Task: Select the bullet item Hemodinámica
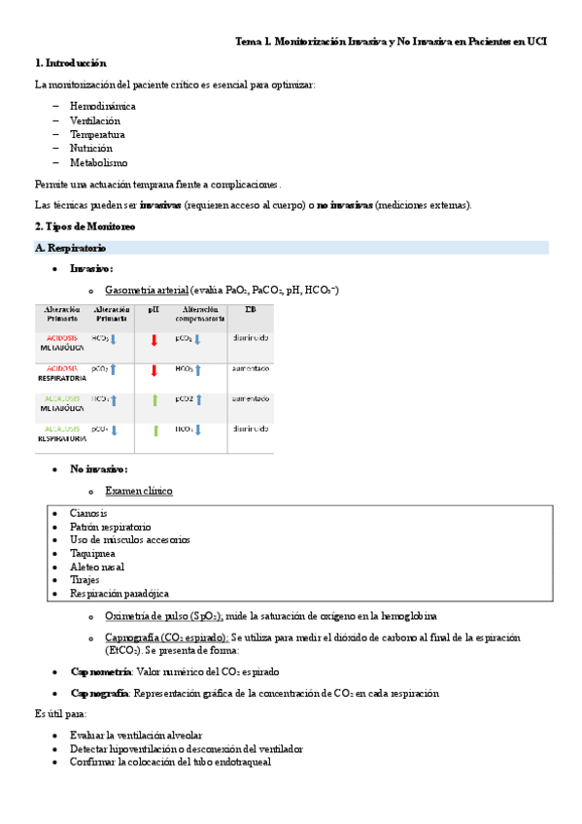(103, 105)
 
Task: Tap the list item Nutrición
(91, 149)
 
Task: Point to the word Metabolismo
(98, 163)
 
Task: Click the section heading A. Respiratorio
(70, 249)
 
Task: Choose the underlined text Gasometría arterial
(147, 290)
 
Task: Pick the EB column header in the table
(250, 309)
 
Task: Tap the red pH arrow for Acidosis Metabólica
(154, 340)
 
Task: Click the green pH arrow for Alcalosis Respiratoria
(154, 430)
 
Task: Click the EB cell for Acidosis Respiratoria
(250, 369)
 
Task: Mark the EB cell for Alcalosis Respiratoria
(250, 429)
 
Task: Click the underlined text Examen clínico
(138, 491)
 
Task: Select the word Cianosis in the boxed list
(88, 513)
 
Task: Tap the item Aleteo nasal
(97, 566)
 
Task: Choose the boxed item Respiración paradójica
(119, 593)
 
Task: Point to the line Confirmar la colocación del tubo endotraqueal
(170, 763)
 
